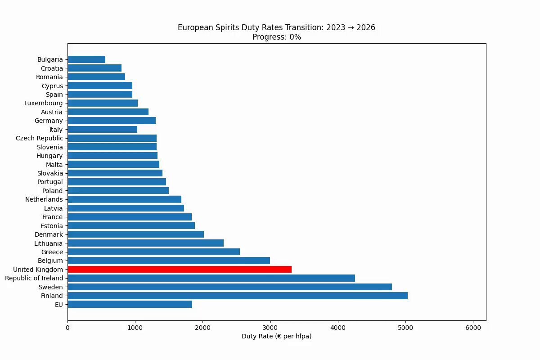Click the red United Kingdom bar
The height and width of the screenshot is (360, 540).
tap(180, 270)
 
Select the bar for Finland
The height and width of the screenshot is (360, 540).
tap(238, 296)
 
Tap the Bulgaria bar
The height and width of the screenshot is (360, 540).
tap(86, 59)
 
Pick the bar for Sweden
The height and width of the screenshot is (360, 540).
tap(230, 287)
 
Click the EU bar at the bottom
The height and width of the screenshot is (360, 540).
tap(130, 304)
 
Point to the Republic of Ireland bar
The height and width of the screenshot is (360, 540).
tap(211, 278)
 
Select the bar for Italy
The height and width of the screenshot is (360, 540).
tap(103, 130)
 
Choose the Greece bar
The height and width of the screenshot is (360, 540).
tap(154, 252)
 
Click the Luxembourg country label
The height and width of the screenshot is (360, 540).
tap(43, 103)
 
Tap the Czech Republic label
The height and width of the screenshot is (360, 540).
tap(39, 138)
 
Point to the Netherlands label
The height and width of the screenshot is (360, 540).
tap(44, 199)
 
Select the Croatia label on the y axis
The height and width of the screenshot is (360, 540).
tap(52, 68)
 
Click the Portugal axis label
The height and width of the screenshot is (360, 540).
tap(50, 182)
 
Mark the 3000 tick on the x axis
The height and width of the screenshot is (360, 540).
tap(270, 328)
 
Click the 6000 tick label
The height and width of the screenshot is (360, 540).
tap(473, 328)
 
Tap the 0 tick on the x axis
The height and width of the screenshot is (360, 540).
tap(68, 328)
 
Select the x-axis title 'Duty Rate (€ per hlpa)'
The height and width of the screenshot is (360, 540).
tap(276, 336)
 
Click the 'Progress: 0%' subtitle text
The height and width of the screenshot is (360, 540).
tap(276, 37)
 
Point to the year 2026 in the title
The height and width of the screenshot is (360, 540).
tap(366, 27)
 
